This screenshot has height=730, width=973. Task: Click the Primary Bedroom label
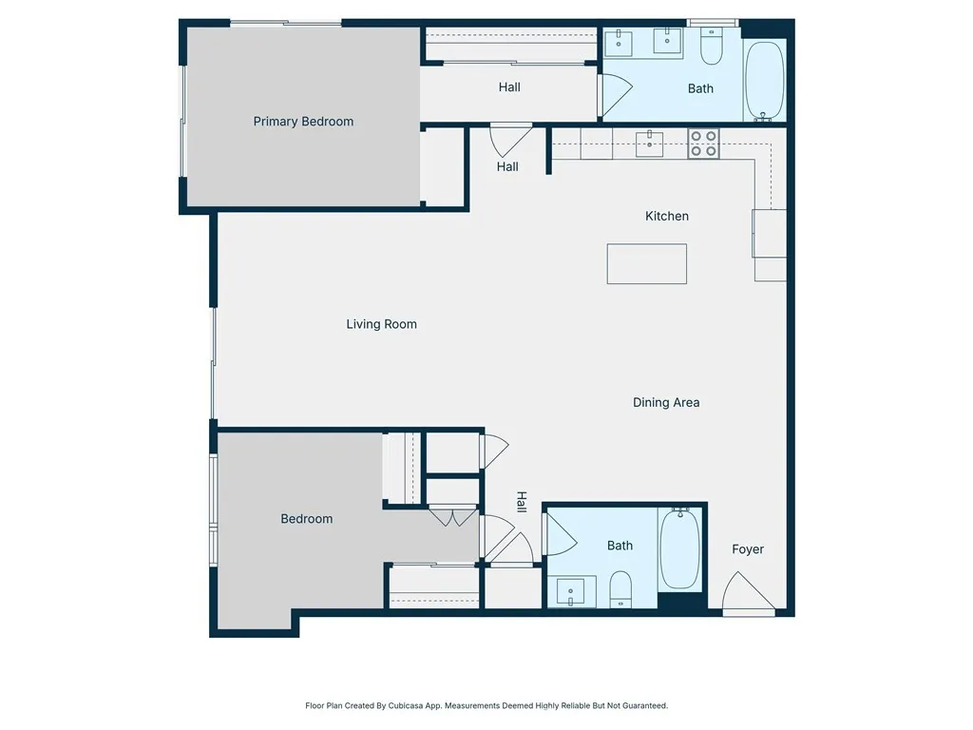pyautogui.click(x=303, y=122)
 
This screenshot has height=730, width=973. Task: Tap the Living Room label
pyautogui.click(x=381, y=324)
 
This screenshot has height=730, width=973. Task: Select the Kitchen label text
pyautogui.click(x=667, y=216)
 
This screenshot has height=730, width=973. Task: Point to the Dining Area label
pyautogui.click(x=666, y=402)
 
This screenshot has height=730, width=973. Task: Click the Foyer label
pyautogui.click(x=748, y=549)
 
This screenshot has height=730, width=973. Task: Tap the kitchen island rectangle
pyautogui.click(x=647, y=264)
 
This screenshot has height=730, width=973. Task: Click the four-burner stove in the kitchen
pyautogui.click(x=703, y=144)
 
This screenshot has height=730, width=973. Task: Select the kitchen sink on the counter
pyautogui.click(x=650, y=144)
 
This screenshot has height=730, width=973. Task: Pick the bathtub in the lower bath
pyautogui.click(x=680, y=548)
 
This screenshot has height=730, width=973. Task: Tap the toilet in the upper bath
pyautogui.click(x=712, y=45)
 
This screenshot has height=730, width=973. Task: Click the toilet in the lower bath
pyautogui.click(x=620, y=589)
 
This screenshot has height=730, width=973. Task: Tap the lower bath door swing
pyautogui.click(x=559, y=534)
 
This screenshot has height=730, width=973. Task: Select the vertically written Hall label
pyautogui.click(x=521, y=501)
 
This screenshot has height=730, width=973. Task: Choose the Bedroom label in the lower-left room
pyautogui.click(x=307, y=519)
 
